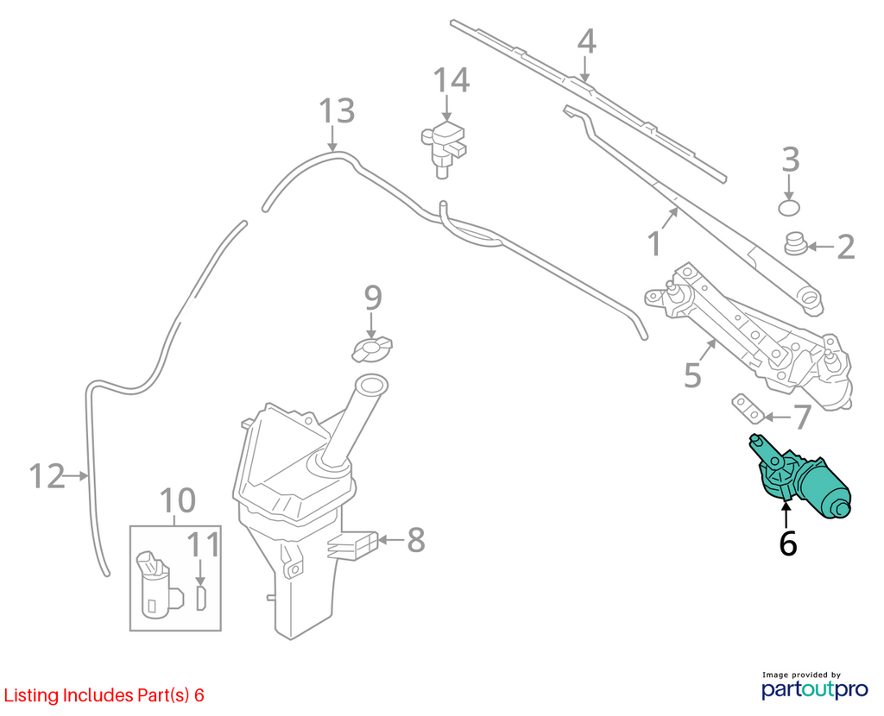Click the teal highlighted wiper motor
coord(800,476)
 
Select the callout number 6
coord(787,543)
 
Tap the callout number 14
coord(451,80)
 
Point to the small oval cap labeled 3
coord(789,207)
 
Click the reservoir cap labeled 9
coord(372,349)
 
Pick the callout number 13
coord(338,111)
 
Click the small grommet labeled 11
coord(201,599)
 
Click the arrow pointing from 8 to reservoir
coord(390,540)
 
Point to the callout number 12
coord(47,476)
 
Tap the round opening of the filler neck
coord(370,386)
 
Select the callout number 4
coord(586,42)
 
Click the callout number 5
coord(692,376)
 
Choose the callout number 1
coord(654,244)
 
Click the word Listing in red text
coord(31,695)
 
